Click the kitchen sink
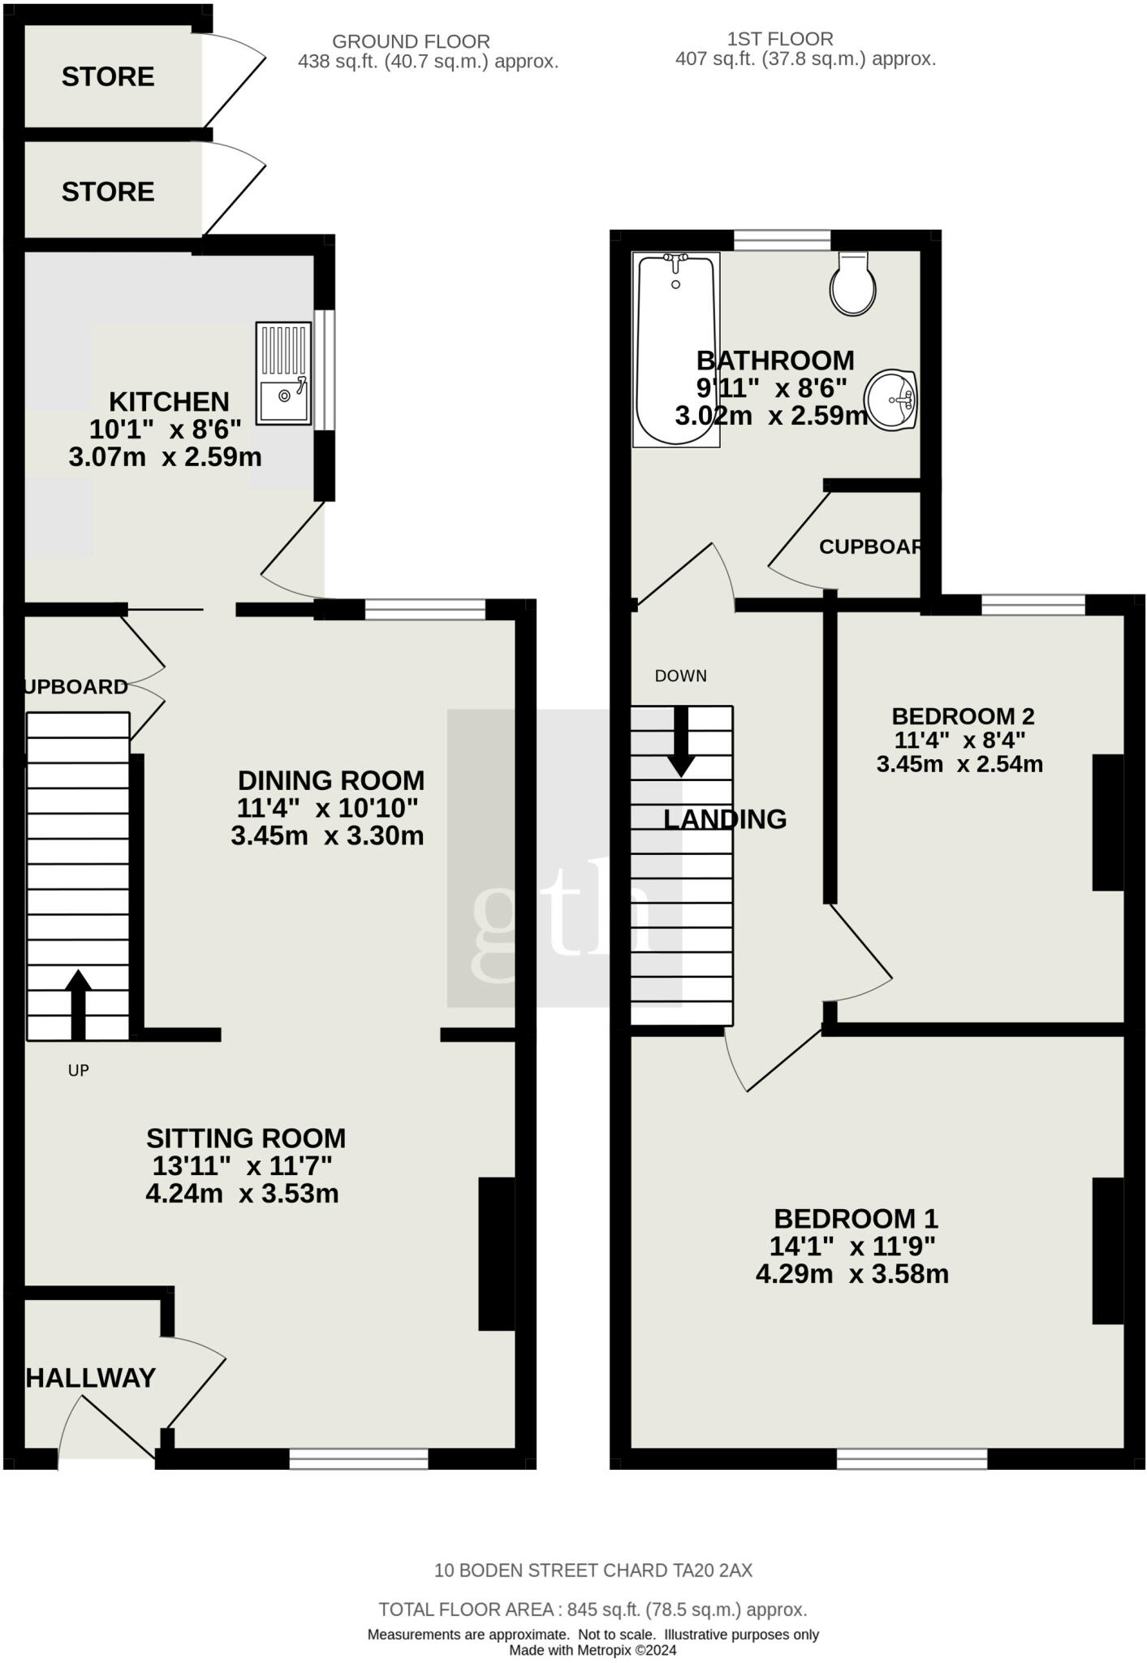[283, 374]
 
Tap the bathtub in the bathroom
[676, 350]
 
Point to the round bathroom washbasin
[890, 400]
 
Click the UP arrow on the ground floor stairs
[78, 1004]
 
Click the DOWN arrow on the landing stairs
[680, 741]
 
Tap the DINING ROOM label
[331, 780]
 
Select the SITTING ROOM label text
[246, 1138]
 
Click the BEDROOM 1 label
[856, 1218]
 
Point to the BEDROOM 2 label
[963, 716]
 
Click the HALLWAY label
[91, 1378]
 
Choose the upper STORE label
[108, 76]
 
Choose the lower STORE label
[108, 192]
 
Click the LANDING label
[725, 819]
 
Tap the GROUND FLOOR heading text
[411, 41]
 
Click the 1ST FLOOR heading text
[780, 39]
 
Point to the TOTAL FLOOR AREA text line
[593, 1609]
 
